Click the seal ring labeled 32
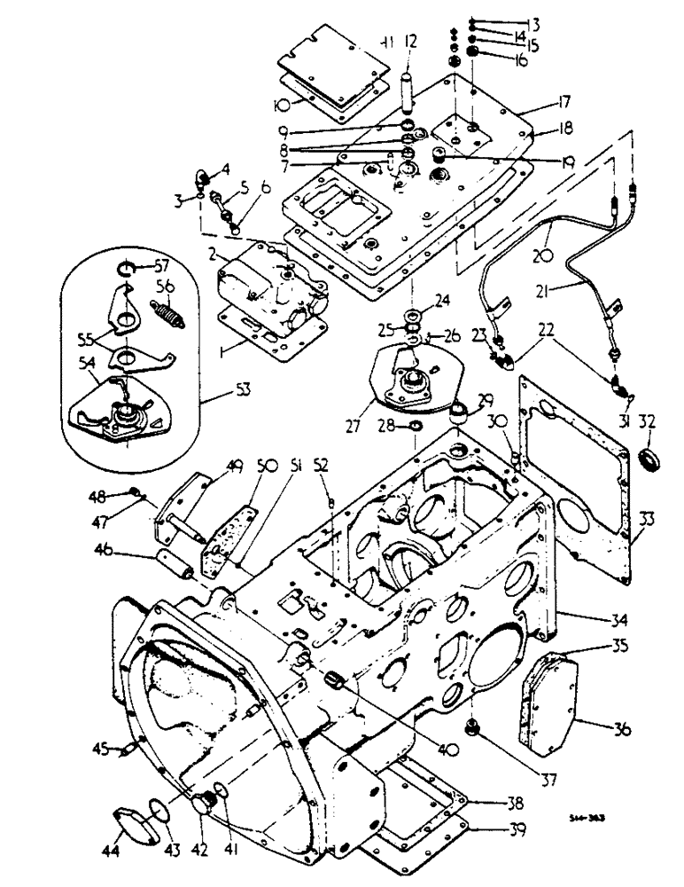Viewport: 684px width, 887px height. point(649,462)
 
